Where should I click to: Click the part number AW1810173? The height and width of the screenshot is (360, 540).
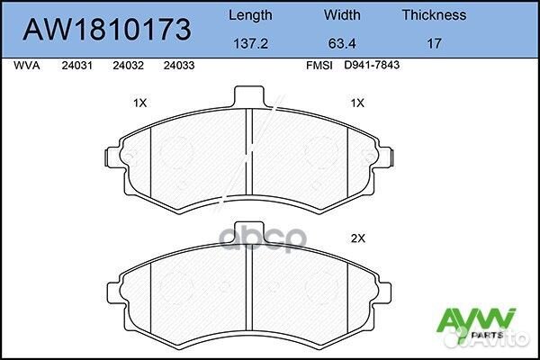(x=106, y=30)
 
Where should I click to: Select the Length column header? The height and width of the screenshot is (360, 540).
(x=249, y=15)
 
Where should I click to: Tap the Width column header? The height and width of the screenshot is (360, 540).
(x=341, y=15)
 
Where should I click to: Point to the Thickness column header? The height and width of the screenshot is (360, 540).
(x=434, y=15)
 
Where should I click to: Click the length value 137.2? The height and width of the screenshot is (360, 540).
(x=249, y=41)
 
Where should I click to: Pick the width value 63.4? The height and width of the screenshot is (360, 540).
(x=341, y=41)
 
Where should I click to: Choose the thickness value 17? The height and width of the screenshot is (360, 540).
(x=434, y=41)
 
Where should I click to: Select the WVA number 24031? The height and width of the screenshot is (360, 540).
(x=75, y=66)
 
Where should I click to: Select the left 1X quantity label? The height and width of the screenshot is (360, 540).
(x=139, y=103)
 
